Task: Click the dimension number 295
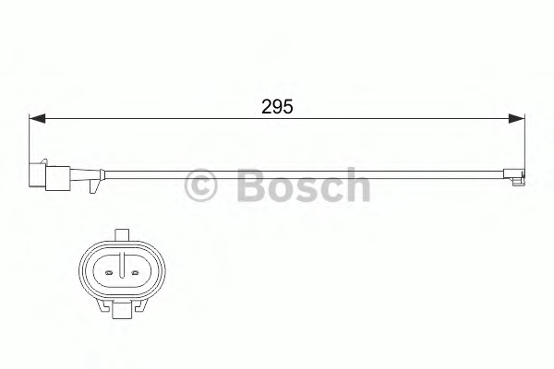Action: tap(277, 106)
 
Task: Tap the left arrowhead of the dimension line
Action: tap(37, 119)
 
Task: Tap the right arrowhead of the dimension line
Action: tap(516, 119)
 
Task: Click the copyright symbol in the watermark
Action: tap(200, 185)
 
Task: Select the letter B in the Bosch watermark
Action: tap(250, 184)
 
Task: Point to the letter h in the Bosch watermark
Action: tap(357, 184)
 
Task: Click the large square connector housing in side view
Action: tap(57, 178)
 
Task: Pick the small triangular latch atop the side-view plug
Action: tap(43, 161)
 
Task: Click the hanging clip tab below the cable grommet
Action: tap(94, 186)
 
